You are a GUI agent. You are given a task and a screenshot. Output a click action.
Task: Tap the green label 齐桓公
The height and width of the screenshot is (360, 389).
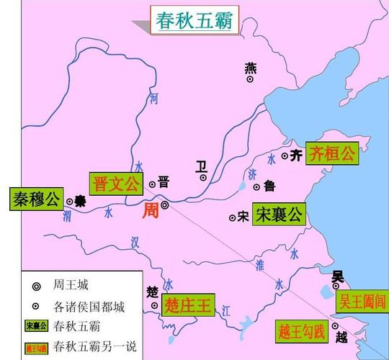[331, 153]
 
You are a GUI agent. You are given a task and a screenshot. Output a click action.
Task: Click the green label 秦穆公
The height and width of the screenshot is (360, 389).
[34, 199]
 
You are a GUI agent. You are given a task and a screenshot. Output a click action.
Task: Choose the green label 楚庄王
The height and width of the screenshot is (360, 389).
[188, 305]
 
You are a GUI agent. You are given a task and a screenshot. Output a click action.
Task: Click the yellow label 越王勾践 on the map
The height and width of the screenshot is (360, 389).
[301, 332]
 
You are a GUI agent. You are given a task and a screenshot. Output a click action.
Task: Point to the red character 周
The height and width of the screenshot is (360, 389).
[149, 210]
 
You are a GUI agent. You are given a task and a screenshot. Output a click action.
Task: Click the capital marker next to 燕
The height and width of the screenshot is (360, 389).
[250, 79]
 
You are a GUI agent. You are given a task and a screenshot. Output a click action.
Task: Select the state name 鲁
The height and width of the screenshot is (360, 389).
[269, 186]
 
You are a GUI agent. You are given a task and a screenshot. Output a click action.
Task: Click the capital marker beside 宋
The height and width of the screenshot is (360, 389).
[232, 216]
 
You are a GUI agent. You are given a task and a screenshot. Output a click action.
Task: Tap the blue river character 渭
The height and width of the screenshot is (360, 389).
[67, 216]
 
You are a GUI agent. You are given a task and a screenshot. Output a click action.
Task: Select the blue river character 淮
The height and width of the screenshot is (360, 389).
[259, 264]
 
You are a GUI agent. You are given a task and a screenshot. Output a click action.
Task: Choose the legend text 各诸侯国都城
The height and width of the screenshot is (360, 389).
[89, 306]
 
